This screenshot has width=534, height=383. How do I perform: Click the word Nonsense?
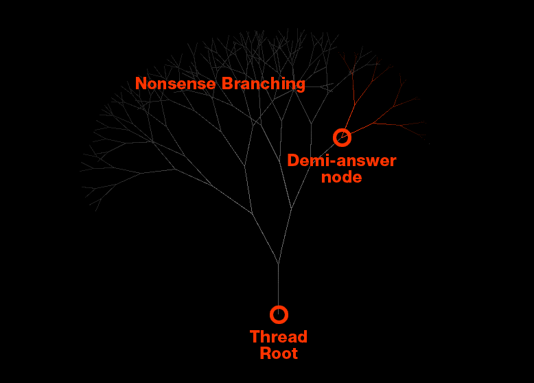point(176,84)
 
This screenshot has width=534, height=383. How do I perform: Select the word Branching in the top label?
point(263,84)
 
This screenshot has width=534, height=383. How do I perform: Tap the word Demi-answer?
point(341,161)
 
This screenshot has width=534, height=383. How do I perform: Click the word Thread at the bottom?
point(278,337)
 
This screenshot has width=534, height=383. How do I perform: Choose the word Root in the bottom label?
point(279,353)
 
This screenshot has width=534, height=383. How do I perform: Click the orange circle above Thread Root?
point(279,314)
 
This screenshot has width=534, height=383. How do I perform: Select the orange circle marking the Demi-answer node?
point(342,137)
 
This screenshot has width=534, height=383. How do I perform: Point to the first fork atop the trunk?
point(278,263)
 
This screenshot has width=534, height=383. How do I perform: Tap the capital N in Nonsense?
point(141,84)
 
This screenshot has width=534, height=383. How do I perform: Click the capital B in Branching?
point(227,84)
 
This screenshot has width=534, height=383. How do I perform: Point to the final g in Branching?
point(300,85)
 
